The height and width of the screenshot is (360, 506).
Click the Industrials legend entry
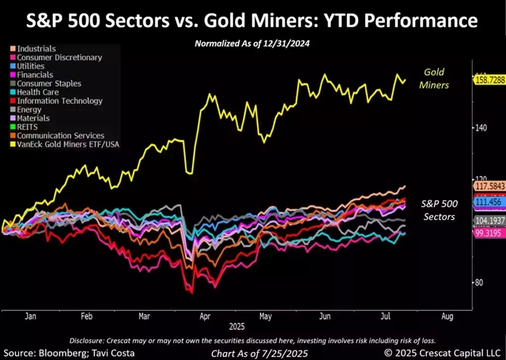click(35, 49)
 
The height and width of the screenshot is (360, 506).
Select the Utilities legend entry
click(31, 66)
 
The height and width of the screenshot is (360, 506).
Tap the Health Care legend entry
click(35, 93)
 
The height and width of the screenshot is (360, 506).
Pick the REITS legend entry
click(26, 127)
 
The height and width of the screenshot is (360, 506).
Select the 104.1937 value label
click(489, 220)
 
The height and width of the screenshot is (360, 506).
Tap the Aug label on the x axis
click(447, 316)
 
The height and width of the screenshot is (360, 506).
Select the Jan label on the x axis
click(31, 316)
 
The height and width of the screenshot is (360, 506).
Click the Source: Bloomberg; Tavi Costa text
click(59, 351)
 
